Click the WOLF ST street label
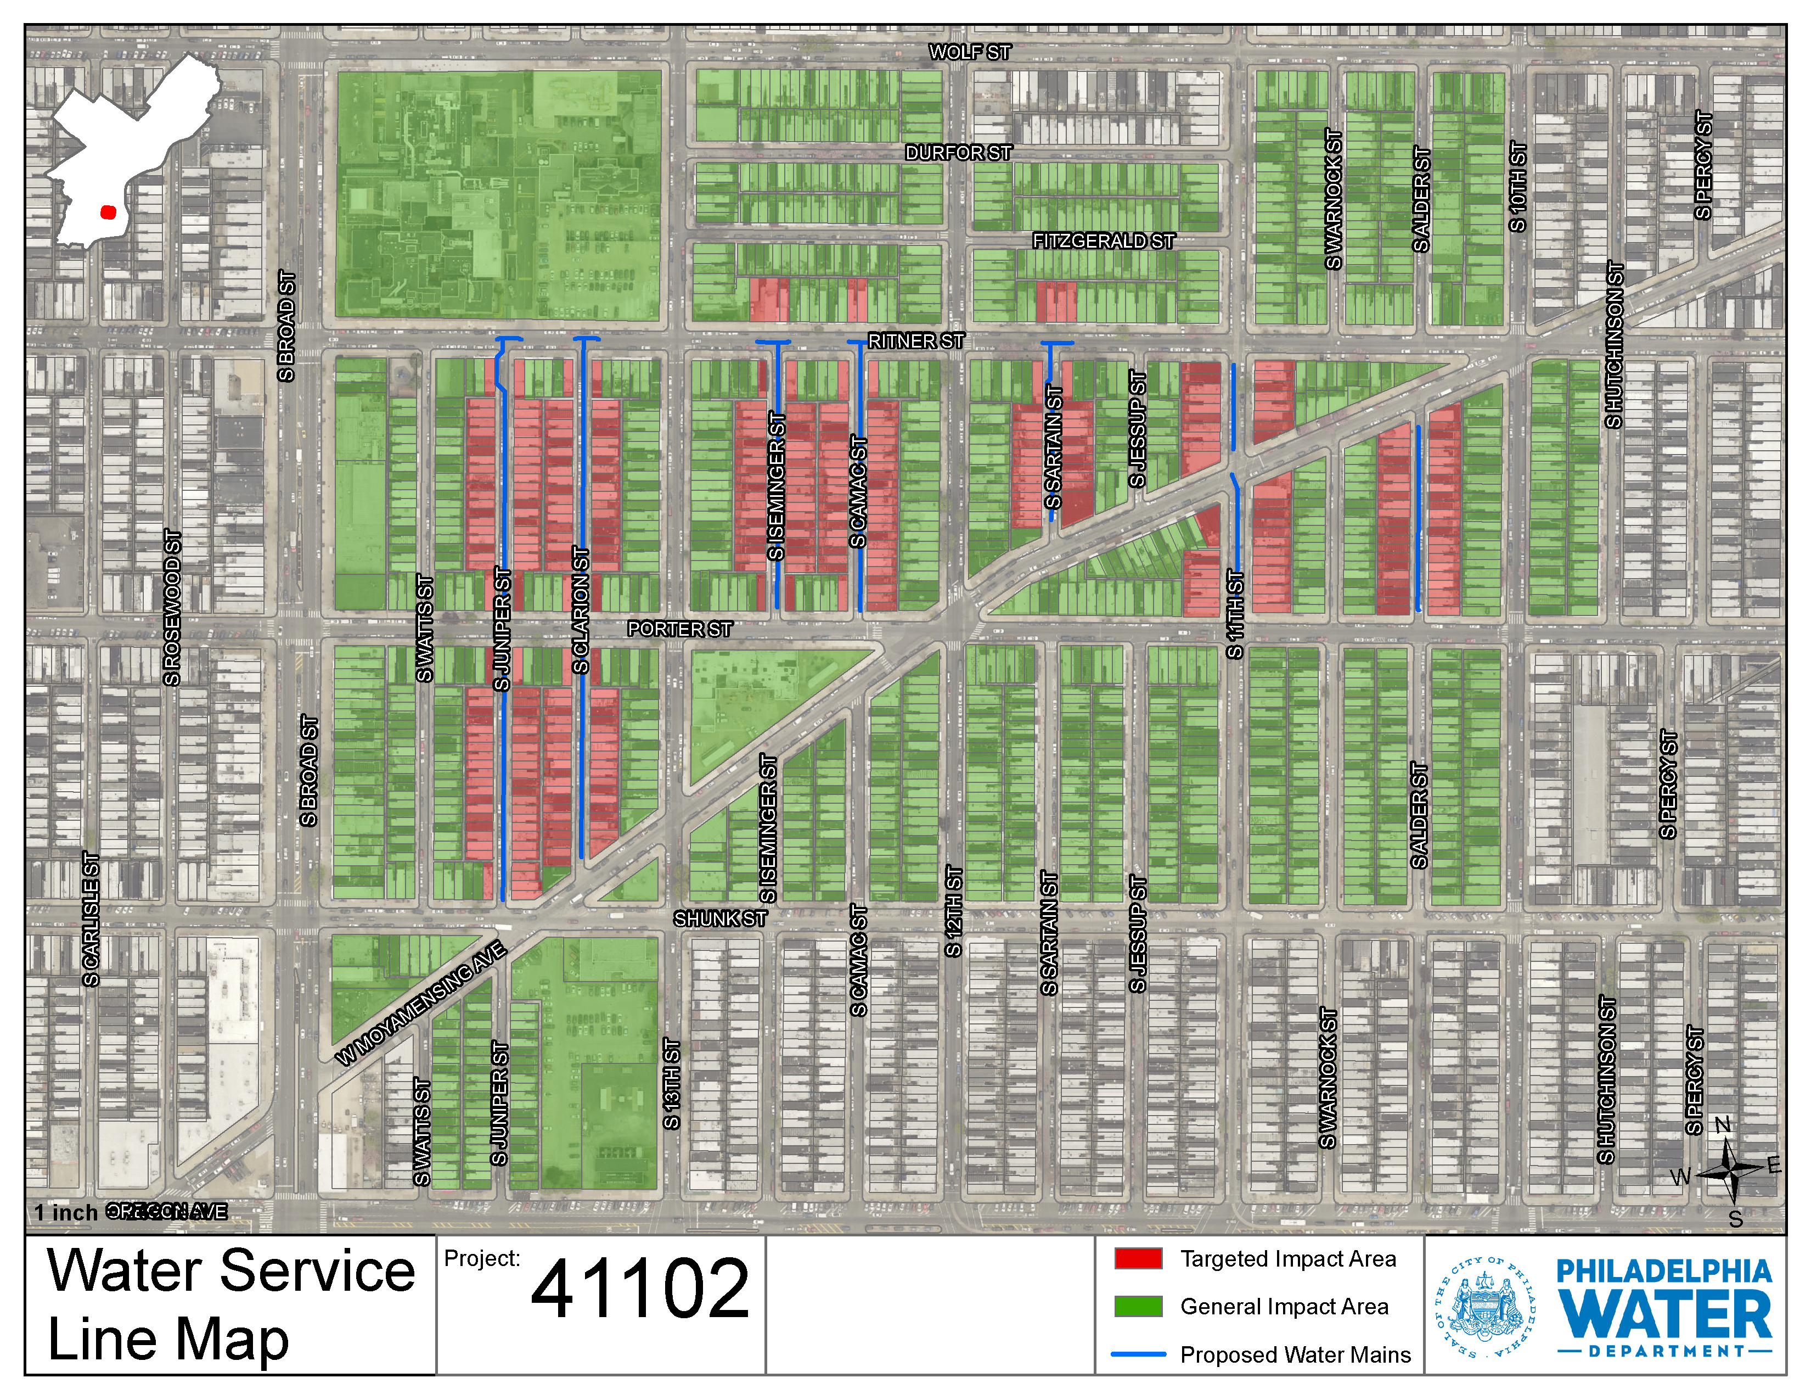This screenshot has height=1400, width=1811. tap(969, 52)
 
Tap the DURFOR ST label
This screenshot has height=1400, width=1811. tap(958, 153)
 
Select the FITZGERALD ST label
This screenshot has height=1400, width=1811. tap(1103, 240)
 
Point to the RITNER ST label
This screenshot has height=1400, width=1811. tap(915, 341)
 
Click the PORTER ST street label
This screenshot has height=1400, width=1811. tap(679, 629)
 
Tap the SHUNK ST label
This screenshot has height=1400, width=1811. tap(720, 918)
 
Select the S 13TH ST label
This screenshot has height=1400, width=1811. tap(672, 1083)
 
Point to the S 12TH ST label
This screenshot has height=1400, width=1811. tap(954, 911)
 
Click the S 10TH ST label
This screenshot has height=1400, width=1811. tap(1517, 187)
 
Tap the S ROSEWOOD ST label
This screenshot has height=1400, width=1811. tap(172, 608)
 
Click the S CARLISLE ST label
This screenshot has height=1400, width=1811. tap(91, 919)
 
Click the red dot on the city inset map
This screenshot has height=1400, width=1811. tap(108, 212)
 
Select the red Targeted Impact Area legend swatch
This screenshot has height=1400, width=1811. tap(1138, 1258)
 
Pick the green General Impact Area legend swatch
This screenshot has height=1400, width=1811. tap(1138, 1306)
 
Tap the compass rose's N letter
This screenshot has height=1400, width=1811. tap(1722, 1124)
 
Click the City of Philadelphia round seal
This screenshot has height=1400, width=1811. tap(1484, 1307)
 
